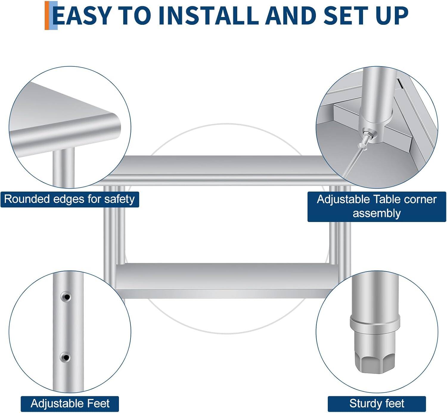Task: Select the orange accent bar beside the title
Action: pyautogui.click(x=47, y=16)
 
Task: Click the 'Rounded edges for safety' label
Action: pyautogui.click(x=70, y=199)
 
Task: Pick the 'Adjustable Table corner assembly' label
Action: pyautogui.click(x=377, y=207)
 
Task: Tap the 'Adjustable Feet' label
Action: pyautogui.click(x=70, y=404)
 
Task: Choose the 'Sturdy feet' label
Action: pyautogui.click(x=377, y=404)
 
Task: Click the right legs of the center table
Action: pyautogui.click(x=340, y=227)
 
